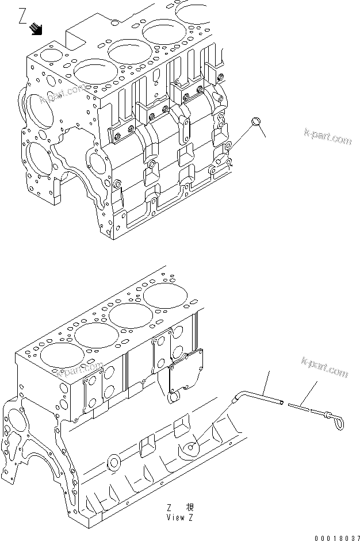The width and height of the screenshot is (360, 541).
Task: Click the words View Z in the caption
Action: [178, 517]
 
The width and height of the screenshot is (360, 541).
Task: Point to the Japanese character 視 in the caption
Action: [189, 507]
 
